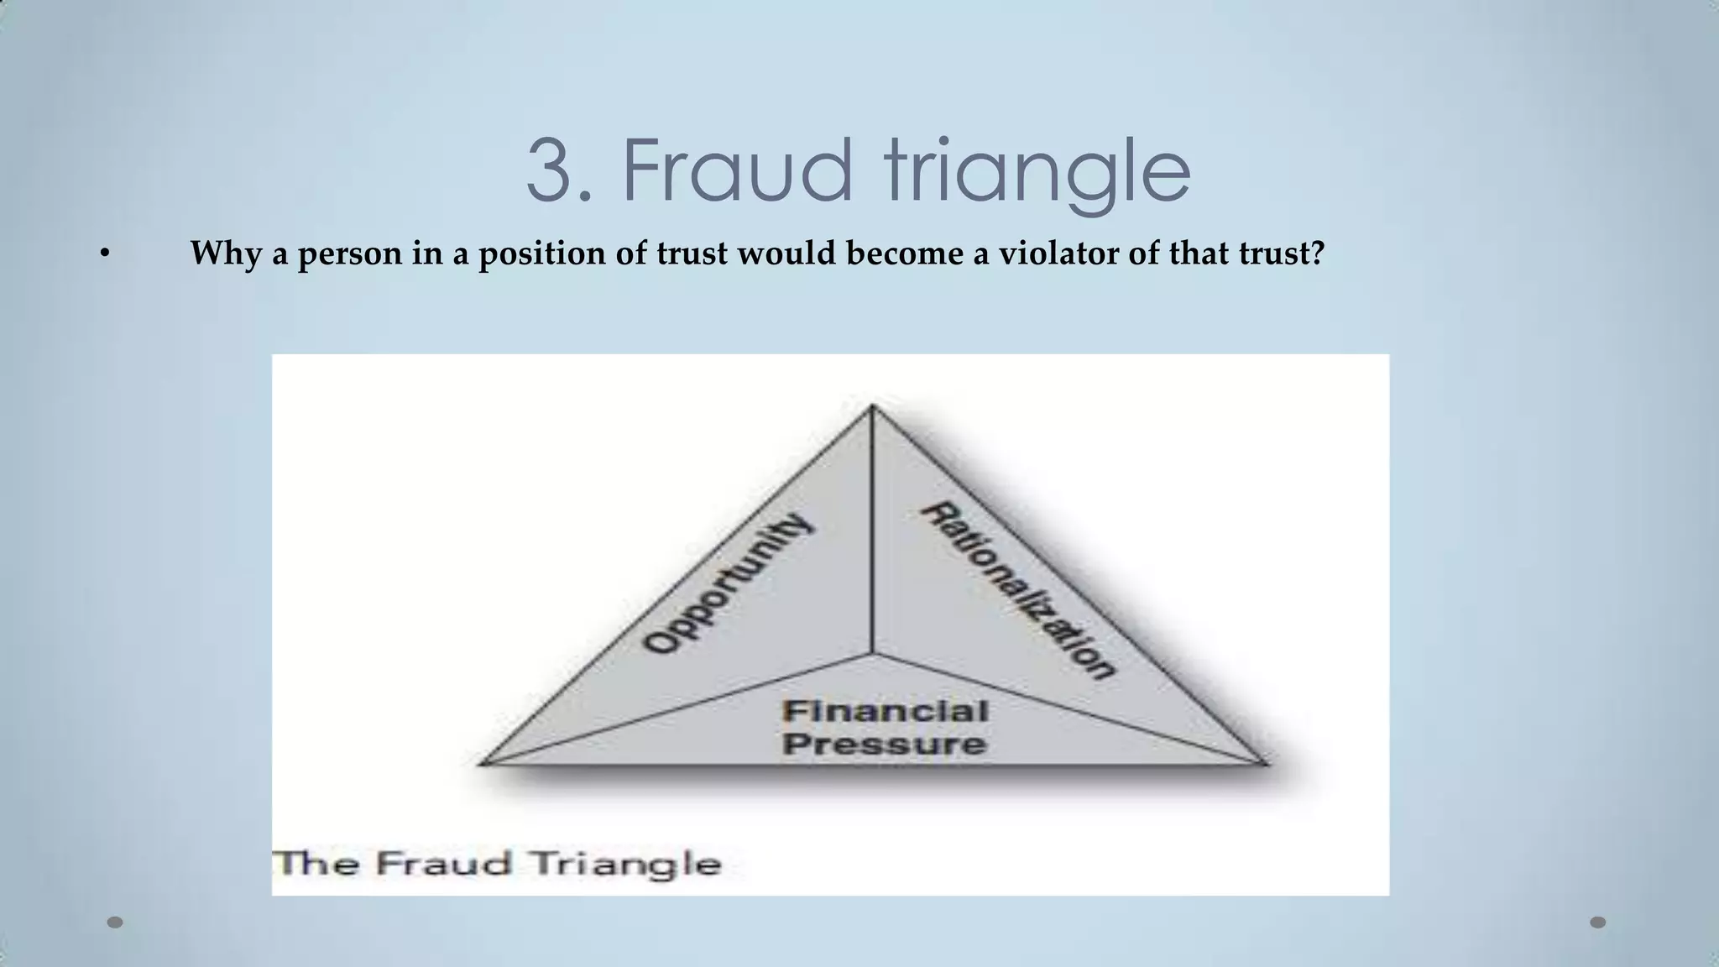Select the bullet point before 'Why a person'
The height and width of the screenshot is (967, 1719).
pos(104,254)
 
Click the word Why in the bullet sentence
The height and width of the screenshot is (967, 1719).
pos(225,254)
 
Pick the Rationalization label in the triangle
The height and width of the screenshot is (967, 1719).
pos(1019,589)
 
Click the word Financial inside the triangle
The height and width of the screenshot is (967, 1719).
pos(885,712)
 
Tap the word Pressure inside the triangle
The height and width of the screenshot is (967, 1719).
pos(885,745)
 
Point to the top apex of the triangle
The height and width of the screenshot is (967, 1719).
pos(873,407)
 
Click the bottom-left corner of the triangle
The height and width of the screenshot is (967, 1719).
pos(481,763)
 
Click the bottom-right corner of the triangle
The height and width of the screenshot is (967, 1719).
pos(1264,763)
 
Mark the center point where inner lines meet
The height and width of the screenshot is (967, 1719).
pos(873,653)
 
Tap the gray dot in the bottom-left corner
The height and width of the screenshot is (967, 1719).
pos(115,923)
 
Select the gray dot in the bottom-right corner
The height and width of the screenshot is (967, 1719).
pos(1598,923)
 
